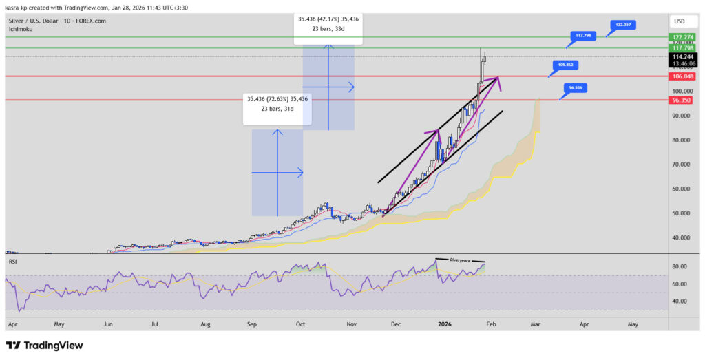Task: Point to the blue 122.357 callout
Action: [x=622, y=24]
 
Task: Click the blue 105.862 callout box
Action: [x=566, y=65]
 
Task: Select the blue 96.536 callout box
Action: [x=576, y=88]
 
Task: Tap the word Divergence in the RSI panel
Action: [x=461, y=260]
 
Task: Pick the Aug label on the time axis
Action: [x=206, y=323]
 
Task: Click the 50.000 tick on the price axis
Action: [x=681, y=213]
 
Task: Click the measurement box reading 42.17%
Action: [x=328, y=23]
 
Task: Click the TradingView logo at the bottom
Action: [x=44, y=345]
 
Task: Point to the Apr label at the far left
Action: [x=11, y=323]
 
